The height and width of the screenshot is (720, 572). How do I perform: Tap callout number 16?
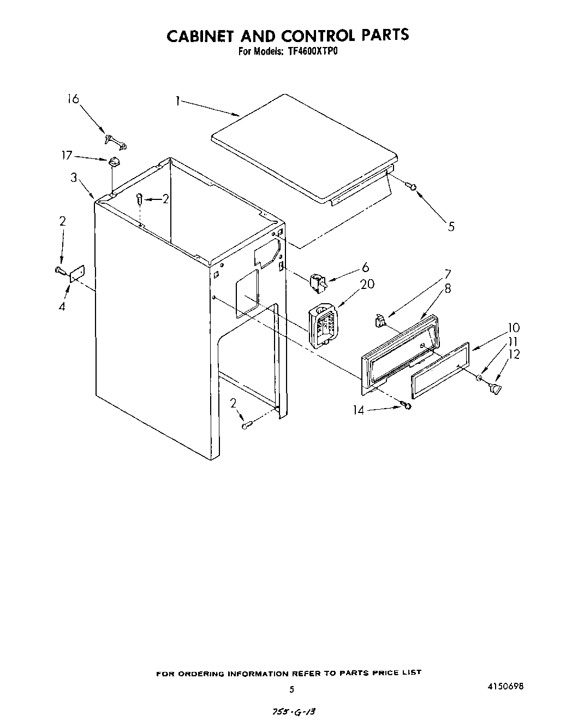tap(73, 99)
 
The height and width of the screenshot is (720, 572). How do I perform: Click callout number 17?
tap(67, 156)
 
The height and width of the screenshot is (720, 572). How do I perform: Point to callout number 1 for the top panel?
tap(178, 101)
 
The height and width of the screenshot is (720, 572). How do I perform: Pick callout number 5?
tap(451, 226)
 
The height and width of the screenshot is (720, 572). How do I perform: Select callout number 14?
tap(358, 409)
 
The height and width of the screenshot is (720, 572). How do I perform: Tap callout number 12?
tap(514, 354)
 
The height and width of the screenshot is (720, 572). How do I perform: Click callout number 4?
tap(62, 306)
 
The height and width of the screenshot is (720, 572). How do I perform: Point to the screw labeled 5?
tap(413, 187)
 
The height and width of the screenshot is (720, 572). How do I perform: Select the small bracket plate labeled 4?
tap(76, 273)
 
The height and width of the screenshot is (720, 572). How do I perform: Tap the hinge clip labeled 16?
tap(116, 142)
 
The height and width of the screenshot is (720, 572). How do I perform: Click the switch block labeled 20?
tap(321, 327)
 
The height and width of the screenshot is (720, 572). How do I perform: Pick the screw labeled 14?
tap(407, 405)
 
